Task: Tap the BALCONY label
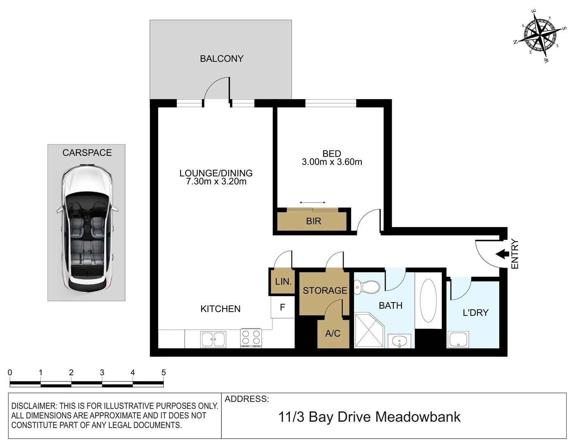tap(221, 59)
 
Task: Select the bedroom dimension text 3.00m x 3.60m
tap(332, 162)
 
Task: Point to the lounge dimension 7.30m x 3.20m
tap(216, 181)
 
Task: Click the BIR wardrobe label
tap(313, 221)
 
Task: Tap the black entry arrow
tap(502, 254)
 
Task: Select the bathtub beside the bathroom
tap(428, 301)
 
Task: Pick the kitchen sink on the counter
tap(213, 339)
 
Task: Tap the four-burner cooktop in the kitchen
tap(251, 338)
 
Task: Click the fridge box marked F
tap(282, 307)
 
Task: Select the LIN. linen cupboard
tap(283, 282)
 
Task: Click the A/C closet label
tap(333, 333)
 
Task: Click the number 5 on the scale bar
tap(163, 372)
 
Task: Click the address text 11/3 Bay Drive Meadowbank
tap(369, 417)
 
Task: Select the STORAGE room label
tap(325, 291)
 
